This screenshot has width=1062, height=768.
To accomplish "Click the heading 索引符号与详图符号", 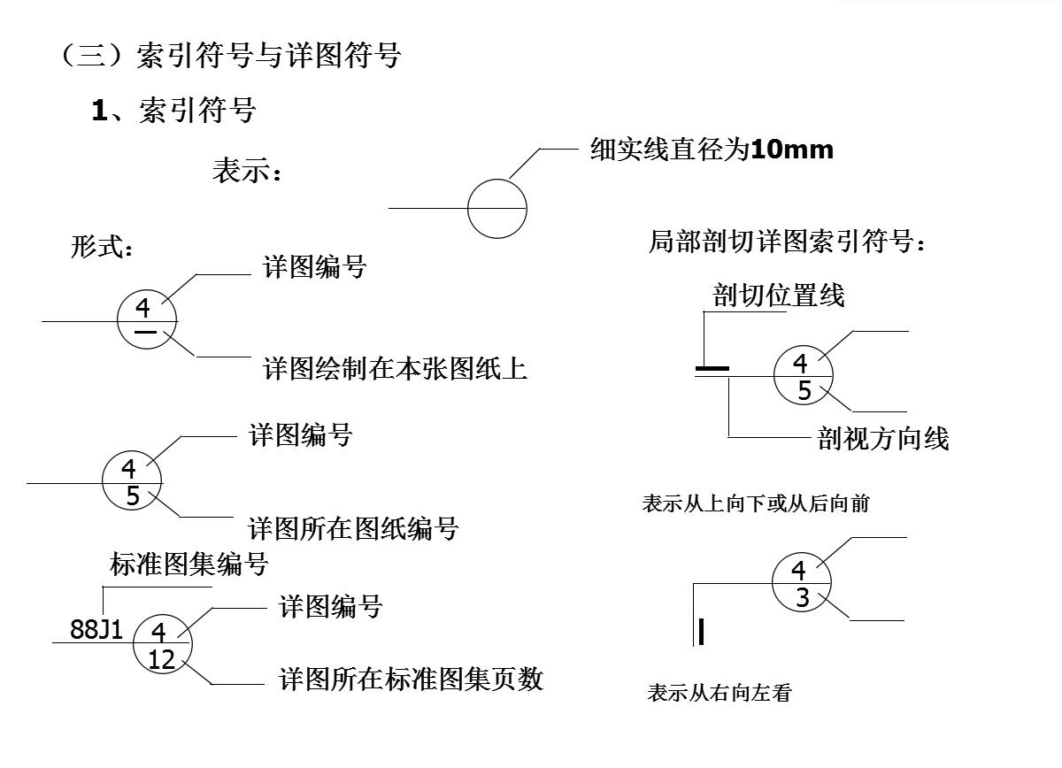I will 269,56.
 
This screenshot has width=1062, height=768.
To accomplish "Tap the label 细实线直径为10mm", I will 712,150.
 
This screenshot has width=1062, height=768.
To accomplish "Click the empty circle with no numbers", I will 497,209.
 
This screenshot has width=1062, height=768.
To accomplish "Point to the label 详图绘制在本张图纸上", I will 395,368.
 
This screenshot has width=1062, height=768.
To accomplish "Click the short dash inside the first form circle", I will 146,332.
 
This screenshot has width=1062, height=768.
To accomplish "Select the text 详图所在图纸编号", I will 353,529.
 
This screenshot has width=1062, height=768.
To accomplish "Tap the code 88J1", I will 96,629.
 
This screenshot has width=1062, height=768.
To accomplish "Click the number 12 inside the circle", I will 162,659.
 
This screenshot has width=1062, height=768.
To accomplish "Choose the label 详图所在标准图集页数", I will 411,679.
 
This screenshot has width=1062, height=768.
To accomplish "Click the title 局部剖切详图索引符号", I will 786,242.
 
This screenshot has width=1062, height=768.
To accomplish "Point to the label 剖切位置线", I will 779,295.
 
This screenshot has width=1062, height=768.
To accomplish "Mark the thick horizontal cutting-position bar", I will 712,368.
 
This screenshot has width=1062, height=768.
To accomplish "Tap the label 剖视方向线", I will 883,438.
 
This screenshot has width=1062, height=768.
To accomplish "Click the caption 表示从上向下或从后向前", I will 755,503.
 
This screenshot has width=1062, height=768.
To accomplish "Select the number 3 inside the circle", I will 802,599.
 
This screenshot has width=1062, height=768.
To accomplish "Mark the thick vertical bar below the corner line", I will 701,632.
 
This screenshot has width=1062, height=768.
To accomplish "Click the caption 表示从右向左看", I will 719,693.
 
